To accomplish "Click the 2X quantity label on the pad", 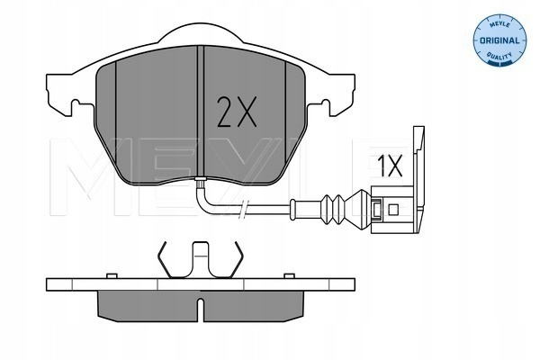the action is (237, 112).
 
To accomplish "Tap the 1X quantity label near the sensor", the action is (390, 166).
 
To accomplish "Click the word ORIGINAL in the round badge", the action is (499, 40).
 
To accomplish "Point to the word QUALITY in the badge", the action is (499, 55).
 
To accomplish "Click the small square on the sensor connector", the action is (393, 209).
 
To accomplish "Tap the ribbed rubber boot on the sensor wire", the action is (332, 209).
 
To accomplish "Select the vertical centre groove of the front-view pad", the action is (201, 111).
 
